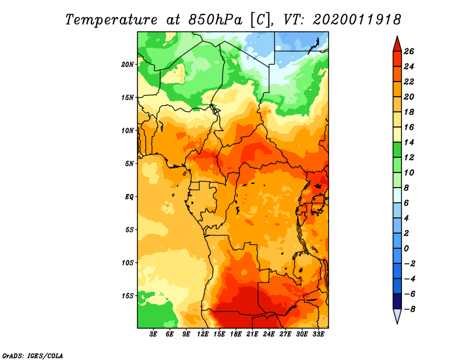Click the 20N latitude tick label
point(127,65)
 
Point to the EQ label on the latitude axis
point(129,197)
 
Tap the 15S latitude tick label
point(128,296)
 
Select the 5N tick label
point(129,164)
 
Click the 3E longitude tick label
point(153,334)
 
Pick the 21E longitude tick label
point(252,334)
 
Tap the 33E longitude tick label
point(318,334)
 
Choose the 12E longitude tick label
point(203,334)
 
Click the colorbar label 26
point(409,51)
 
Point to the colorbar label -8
point(409,309)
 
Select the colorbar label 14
point(409,142)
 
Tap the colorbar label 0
point(406,249)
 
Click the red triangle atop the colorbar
point(397,45)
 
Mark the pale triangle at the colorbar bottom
point(397,316)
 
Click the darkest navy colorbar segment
point(397,301)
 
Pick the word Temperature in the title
point(111,20)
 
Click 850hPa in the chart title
point(215,20)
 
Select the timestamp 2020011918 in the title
point(357,20)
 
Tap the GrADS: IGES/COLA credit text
point(33,356)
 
